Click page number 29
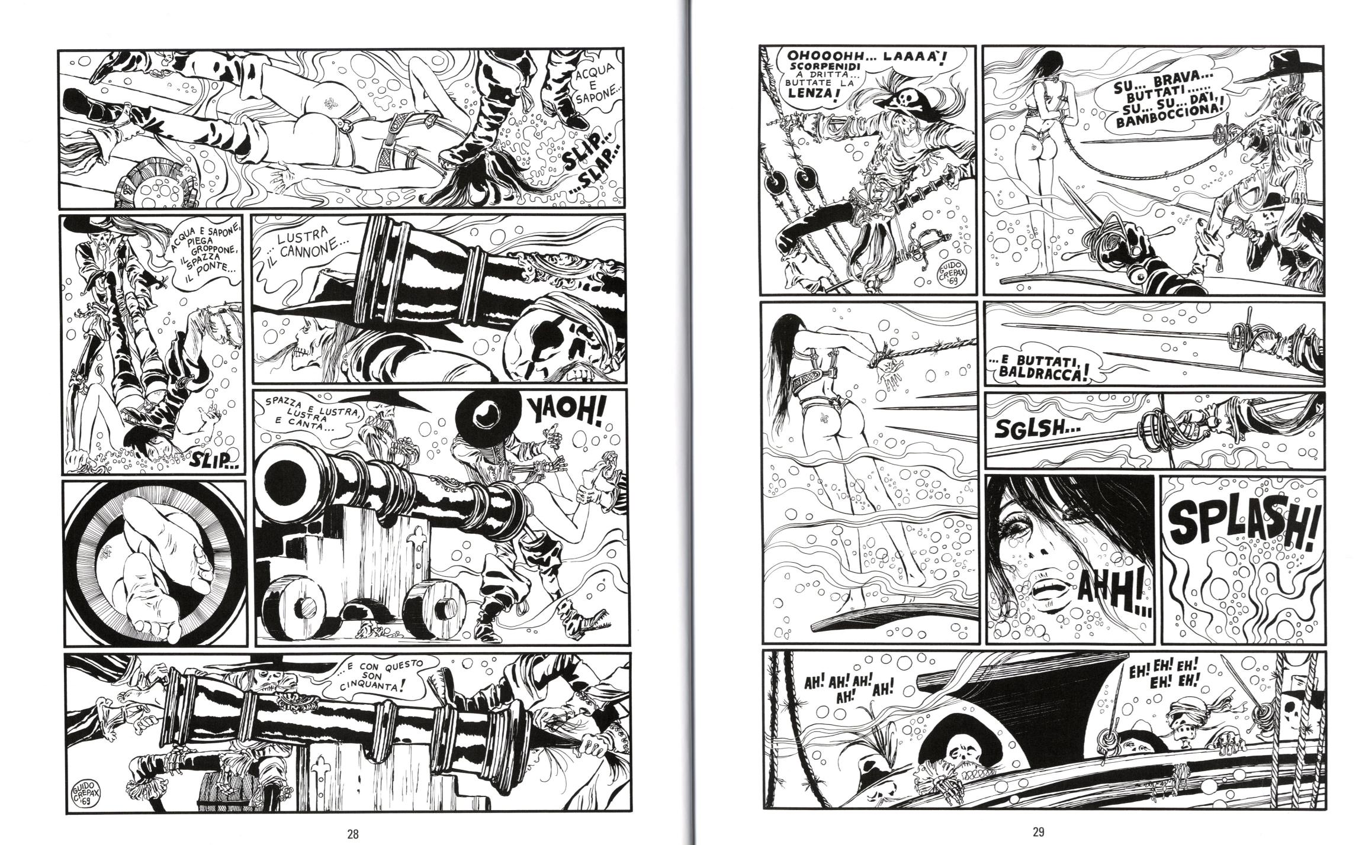coord(1037,833)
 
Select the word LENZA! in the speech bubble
coord(817,97)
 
